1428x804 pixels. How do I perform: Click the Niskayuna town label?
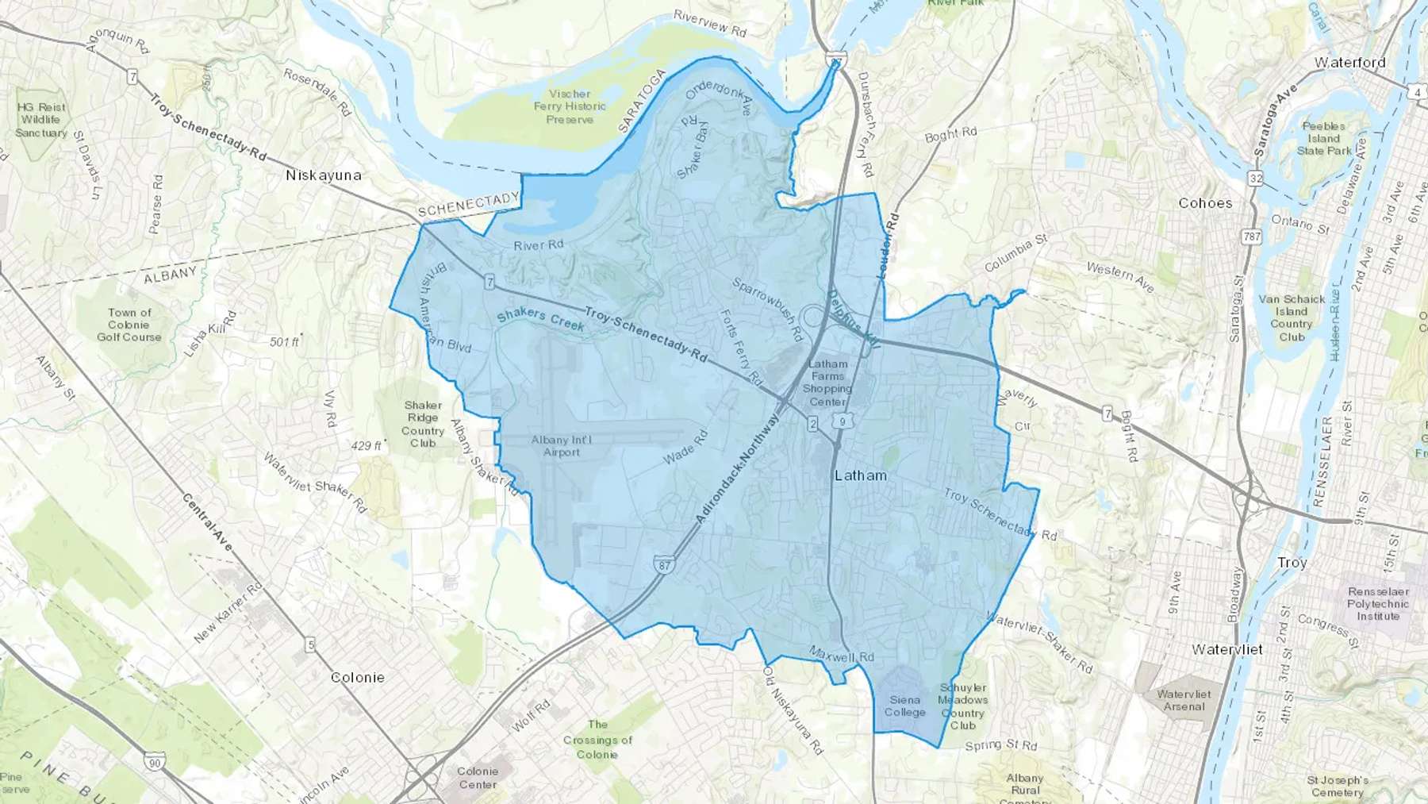pyautogui.click(x=324, y=175)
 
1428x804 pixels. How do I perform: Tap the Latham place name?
pyautogui.click(x=861, y=475)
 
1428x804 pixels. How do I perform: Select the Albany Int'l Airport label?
pyautogui.click(x=562, y=446)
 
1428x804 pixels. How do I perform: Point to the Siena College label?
pyautogui.click(x=905, y=706)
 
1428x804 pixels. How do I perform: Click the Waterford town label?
pyautogui.click(x=1349, y=63)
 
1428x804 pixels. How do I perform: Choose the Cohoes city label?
pyautogui.click(x=1205, y=203)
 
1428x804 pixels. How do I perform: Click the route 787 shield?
pyautogui.click(x=1252, y=237)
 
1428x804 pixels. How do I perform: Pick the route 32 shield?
pyautogui.click(x=1255, y=179)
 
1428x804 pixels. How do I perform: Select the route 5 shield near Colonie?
pyautogui.click(x=310, y=645)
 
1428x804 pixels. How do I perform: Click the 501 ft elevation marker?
pyautogui.click(x=285, y=342)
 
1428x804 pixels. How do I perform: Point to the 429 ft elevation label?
pyautogui.click(x=367, y=446)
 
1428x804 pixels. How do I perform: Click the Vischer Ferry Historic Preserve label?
pyautogui.click(x=570, y=106)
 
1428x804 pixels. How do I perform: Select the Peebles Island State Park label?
pyautogui.click(x=1324, y=138)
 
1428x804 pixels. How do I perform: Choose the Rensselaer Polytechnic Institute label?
pyautogui.click(x=1378, y=604)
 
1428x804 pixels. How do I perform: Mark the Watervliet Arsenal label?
pyautogui.click(x=1184, y=700)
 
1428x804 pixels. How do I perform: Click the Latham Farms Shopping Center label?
pyautogui.click(x=827, y=383)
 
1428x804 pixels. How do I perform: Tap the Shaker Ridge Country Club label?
pyautogui.click(x=423, y=424)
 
